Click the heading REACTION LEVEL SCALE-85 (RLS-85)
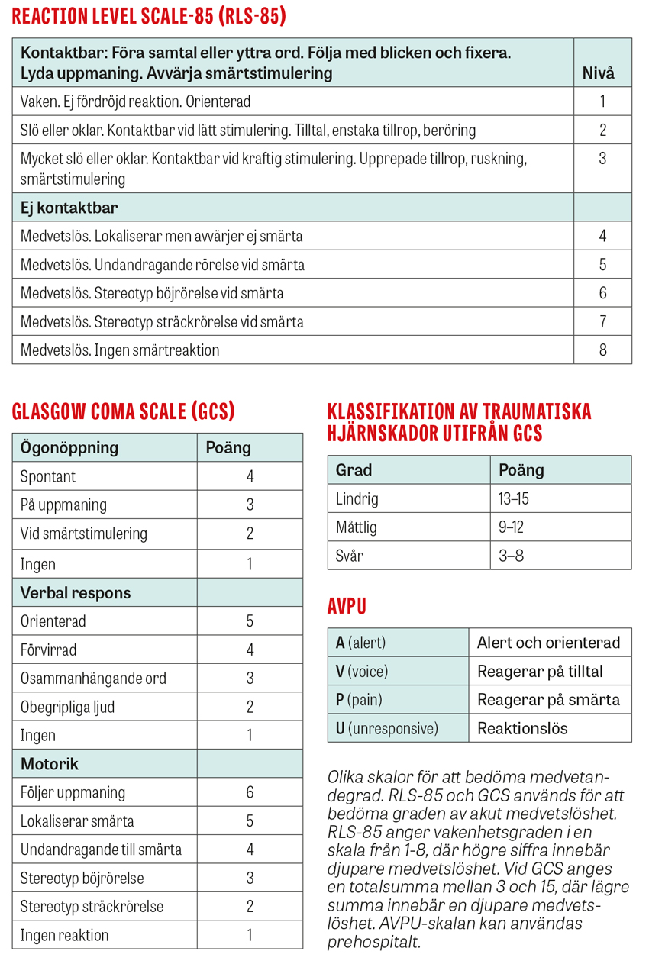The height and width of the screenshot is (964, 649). pos(149,16)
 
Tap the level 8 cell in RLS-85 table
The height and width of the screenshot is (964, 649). pos(602,350)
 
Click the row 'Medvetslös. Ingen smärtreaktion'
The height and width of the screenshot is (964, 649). pos(120,350)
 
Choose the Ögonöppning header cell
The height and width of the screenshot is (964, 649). pos(69,447)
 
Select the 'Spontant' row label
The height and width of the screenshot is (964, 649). pos(48,477)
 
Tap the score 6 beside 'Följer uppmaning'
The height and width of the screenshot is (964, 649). pos(250,792)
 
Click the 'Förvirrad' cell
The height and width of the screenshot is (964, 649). pos(49,650)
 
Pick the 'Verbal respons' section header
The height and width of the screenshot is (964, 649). pos(76,593)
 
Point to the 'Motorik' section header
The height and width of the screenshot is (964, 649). pos(50,764)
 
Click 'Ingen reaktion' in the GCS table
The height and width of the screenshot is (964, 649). pos(65,935)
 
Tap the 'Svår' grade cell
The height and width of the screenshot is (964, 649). pos(350,556)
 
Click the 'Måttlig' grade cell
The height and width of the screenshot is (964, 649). pos(357,527)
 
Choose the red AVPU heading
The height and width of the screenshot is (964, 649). pos(347,607)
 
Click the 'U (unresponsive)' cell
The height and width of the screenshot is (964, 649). pos(387,728)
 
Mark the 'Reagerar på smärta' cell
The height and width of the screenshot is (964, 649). pos(548,700)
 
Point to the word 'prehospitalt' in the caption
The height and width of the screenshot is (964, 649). pos(373,942)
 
